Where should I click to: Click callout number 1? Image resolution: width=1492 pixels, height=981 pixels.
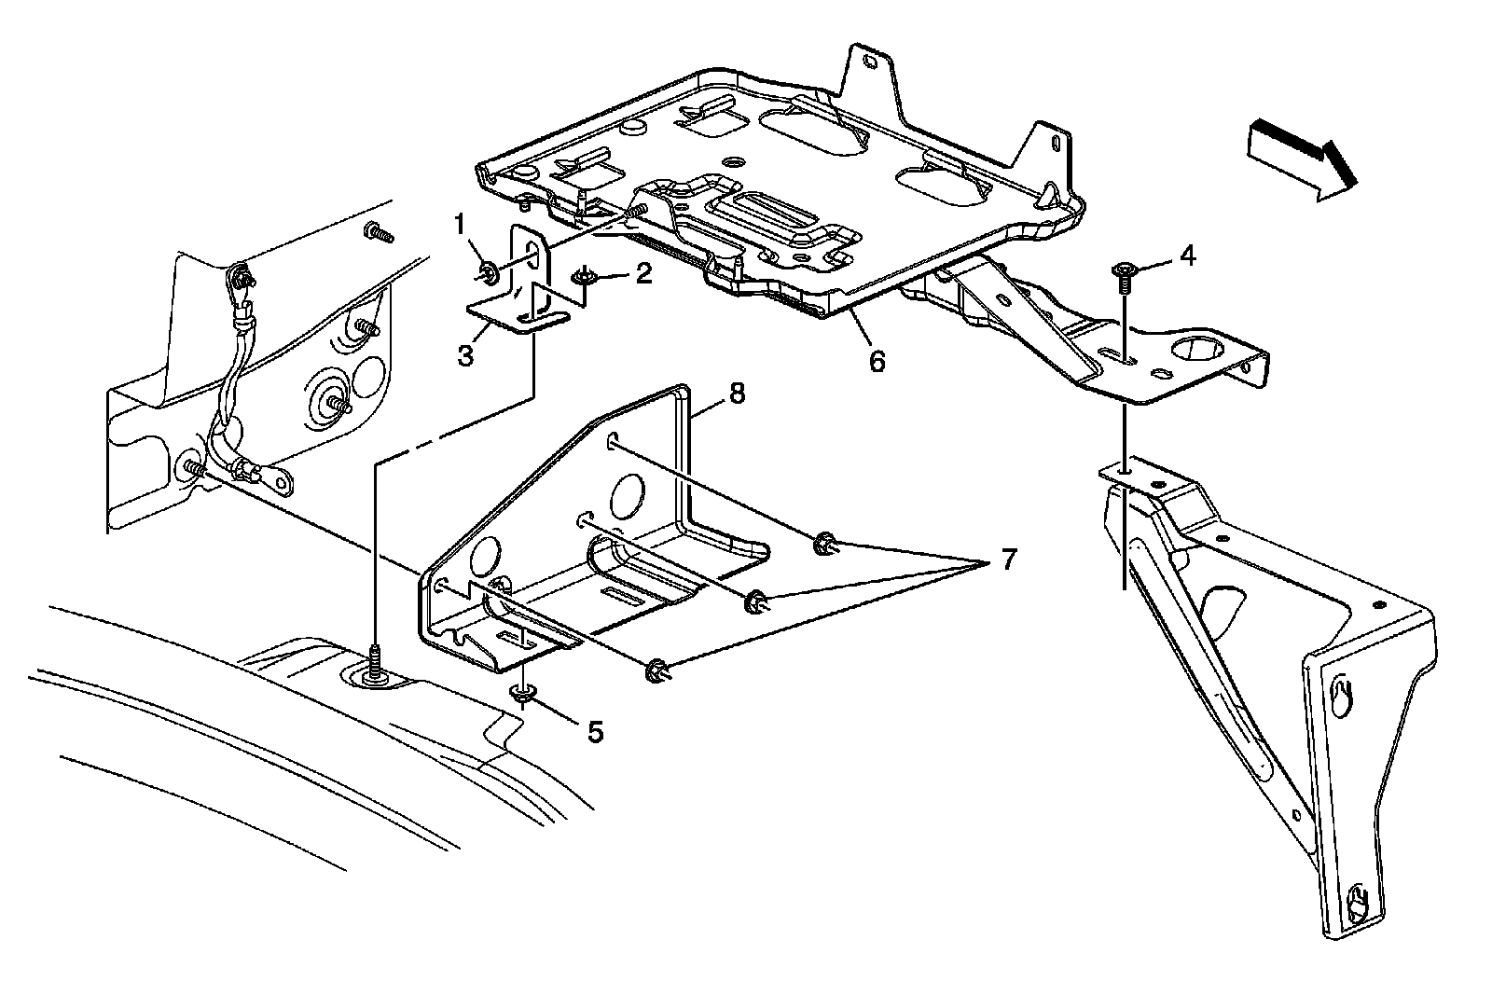pyautogui.click(x=458, y=225)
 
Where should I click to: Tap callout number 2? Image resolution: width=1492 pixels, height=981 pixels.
pyautogui.click(x=642, y=274)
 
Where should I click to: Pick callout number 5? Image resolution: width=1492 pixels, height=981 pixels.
pyautogui.click(x=594, y=732)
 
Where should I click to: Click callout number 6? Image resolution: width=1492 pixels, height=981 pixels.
pyautogui.click(x=877, y=360)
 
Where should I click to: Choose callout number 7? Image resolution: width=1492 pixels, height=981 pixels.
pyautogui.click(x=1007, y=560)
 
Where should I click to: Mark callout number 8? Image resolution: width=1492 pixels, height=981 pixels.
pyautogui.click(x=737, y=394)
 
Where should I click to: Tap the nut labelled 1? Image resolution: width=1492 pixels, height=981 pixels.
pyautogui.click(x=486, y=273)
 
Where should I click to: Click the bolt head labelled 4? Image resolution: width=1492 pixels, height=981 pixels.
pyautogui.click(x=1124, y=271)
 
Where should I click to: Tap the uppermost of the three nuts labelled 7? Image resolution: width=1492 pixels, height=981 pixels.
pyautogui.click(x=823, y=543)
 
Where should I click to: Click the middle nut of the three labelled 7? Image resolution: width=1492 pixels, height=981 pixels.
pyautogui.click(x=755, y=601)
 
